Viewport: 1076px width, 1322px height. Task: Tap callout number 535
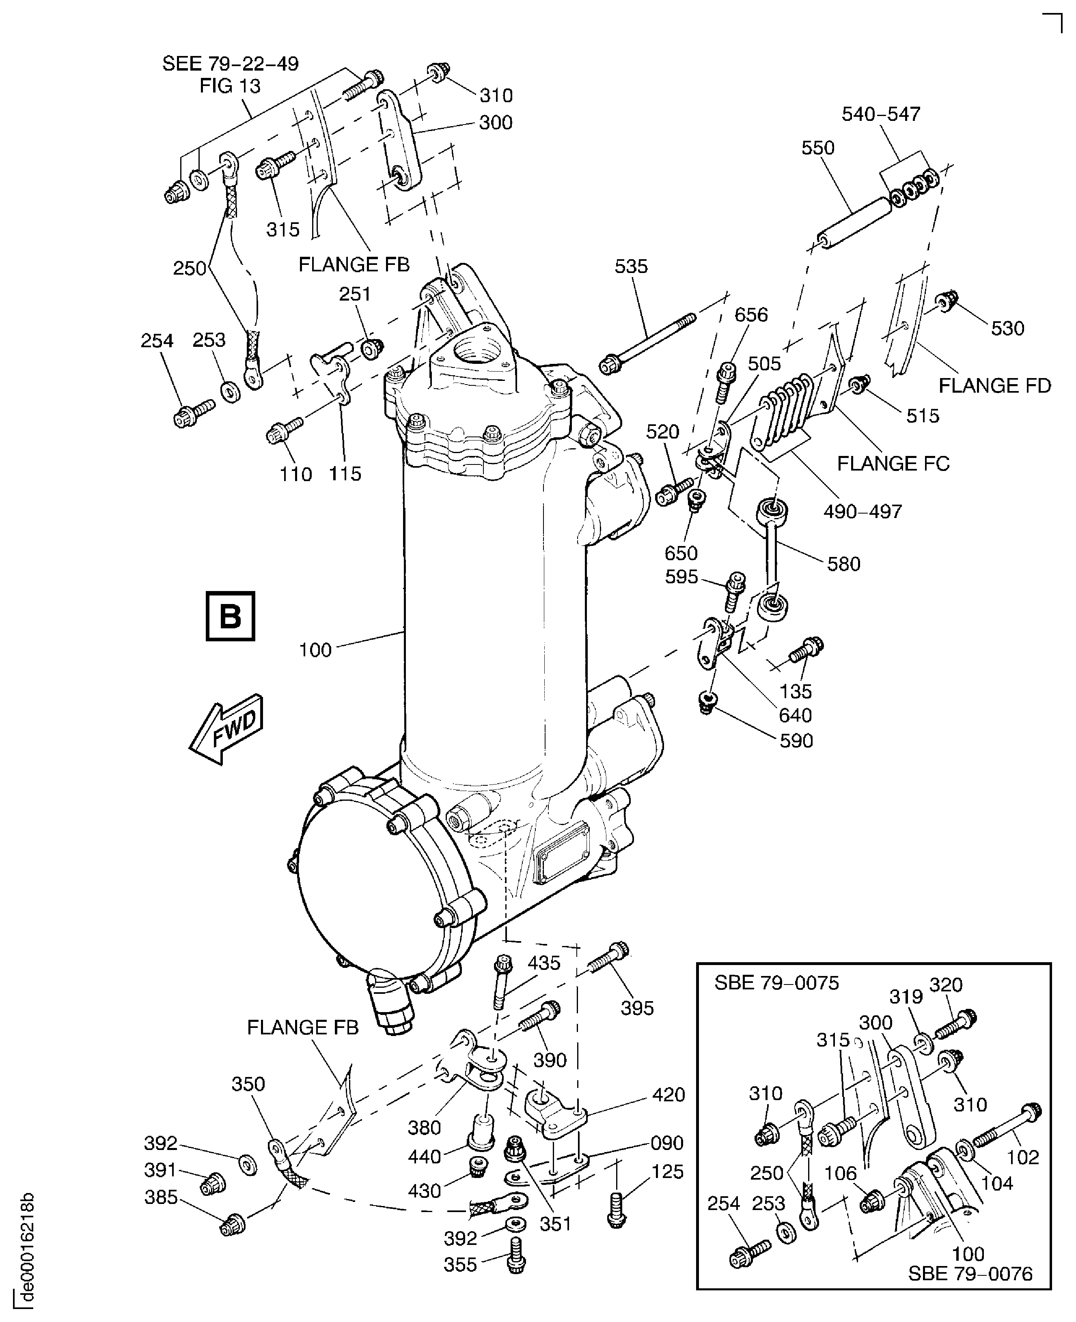click(631, 267)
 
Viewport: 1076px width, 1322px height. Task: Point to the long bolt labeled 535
click(648, 341)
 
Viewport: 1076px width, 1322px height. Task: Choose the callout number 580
click(843, 564)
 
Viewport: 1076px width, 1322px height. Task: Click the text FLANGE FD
click(994, 386)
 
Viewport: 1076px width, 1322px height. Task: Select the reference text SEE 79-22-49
click(230, 63)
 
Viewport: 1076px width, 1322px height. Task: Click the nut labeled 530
click(947, 302)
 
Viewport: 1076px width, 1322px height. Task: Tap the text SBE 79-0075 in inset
click(776, 983)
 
